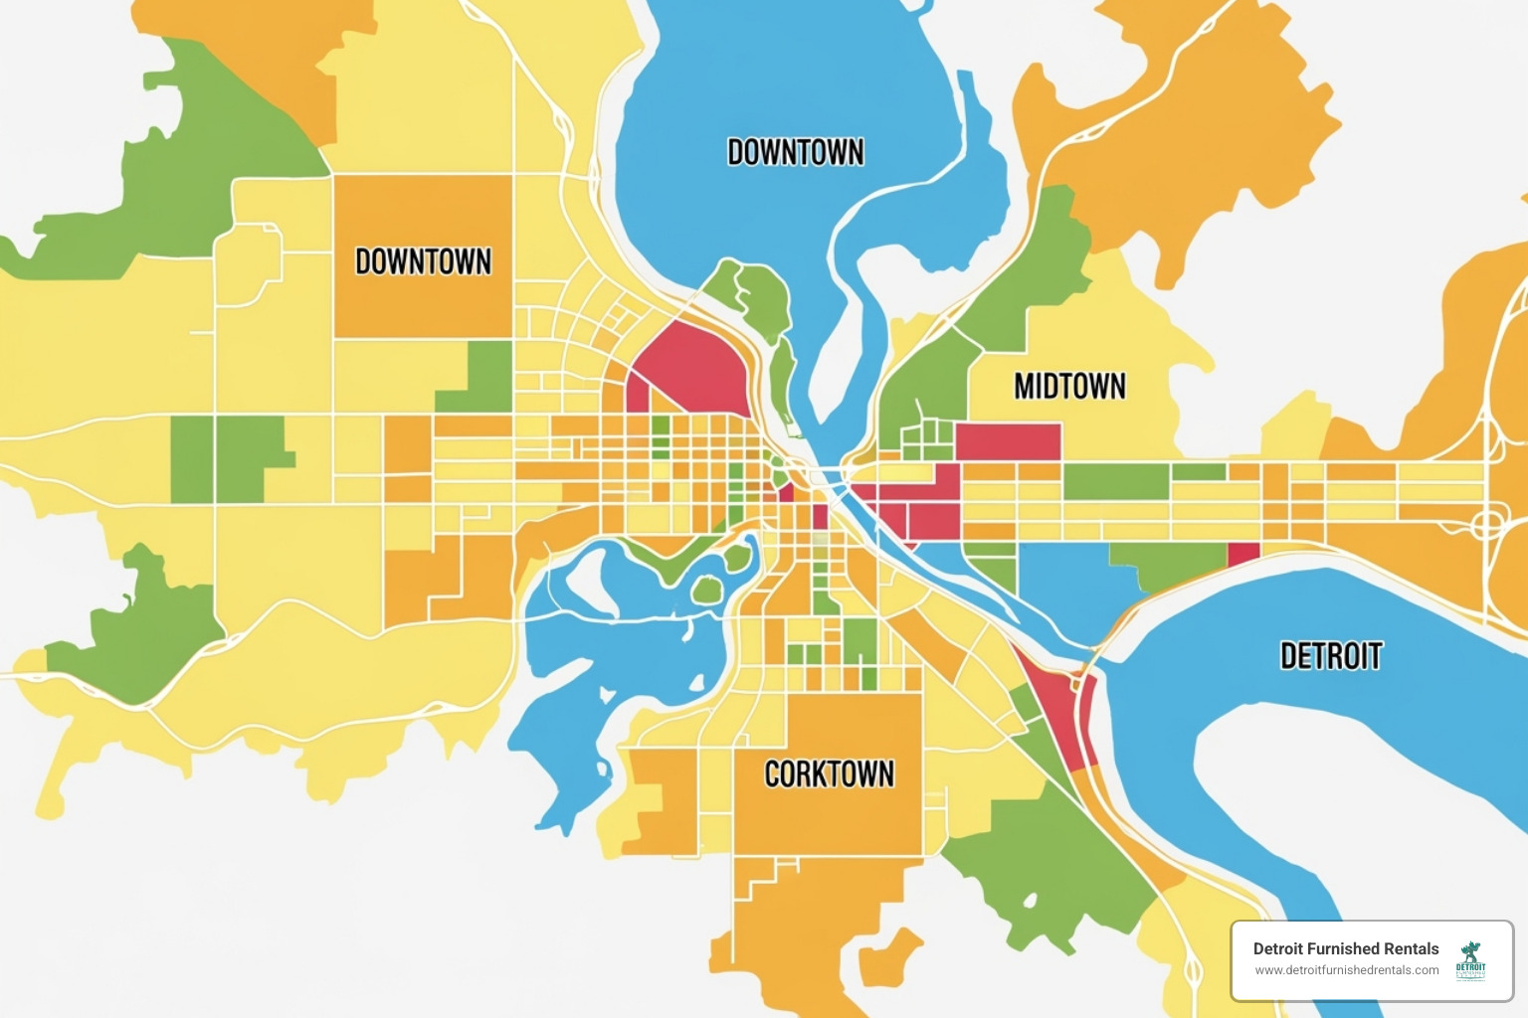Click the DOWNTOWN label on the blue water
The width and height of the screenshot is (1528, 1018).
[796, 152]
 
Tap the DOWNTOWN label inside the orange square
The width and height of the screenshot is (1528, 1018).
[424, 261]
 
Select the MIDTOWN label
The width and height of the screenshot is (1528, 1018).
[1069, 387]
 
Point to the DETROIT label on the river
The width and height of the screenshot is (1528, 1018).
[1331, 656]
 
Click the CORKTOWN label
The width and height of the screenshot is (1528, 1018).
[829, 774]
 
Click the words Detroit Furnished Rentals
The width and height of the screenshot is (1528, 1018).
[1345, 948]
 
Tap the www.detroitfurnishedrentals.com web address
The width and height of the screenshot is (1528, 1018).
[1346, 970]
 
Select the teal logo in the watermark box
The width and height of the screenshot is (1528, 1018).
[1470, 960]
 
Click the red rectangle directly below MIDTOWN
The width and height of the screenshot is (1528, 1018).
[1007, 441]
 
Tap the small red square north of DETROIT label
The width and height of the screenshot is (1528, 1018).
[1243, 554]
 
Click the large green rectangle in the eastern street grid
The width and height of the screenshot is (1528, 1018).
[1115, 481]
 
